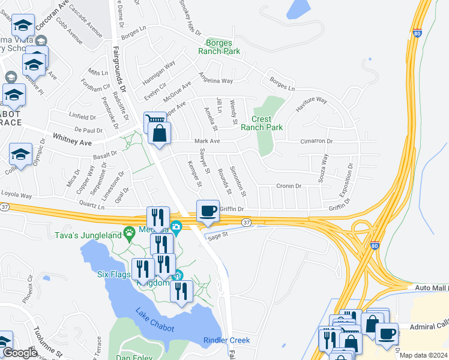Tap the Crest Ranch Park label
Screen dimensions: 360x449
coord(262,123)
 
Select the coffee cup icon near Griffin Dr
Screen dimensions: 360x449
coord(208,211)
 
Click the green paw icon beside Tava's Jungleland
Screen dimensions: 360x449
coord(128,232)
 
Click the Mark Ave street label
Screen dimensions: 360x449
coord(207,141)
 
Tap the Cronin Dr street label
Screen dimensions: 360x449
coord(288,187)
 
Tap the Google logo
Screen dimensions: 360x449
coord(20,353)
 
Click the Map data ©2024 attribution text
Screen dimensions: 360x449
coord(423,355)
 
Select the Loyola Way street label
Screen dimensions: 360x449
coord(16,195)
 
